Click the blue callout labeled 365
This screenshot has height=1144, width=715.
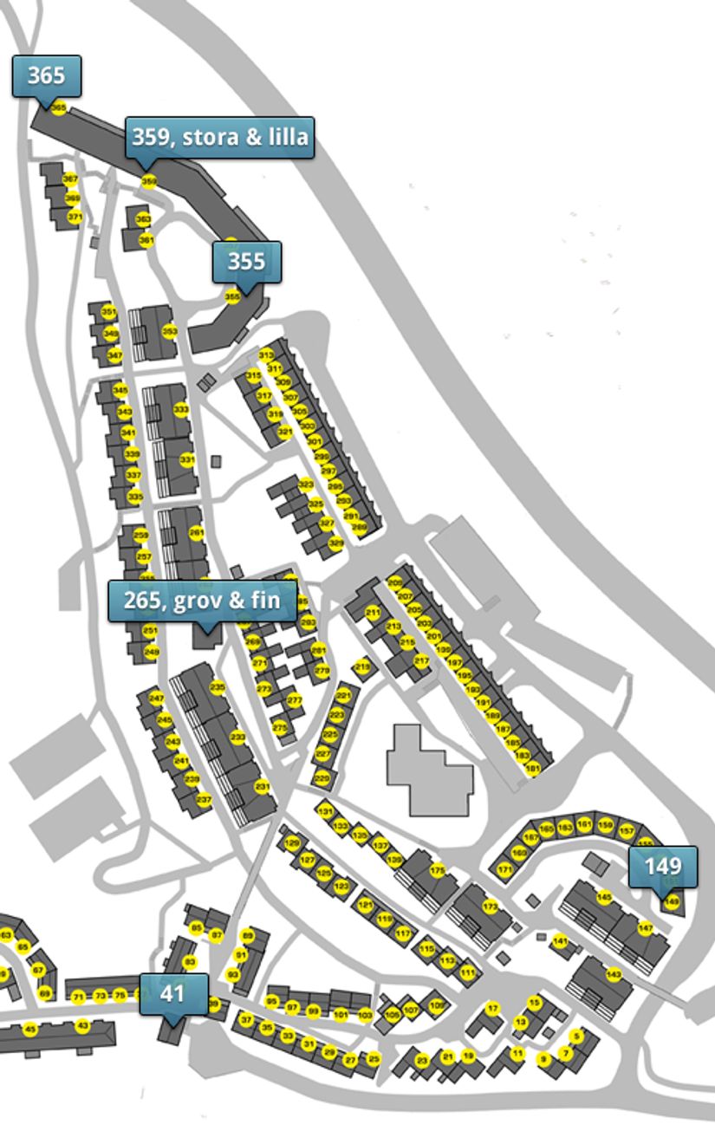(47, 75)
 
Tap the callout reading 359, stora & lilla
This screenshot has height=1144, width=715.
(219, 137)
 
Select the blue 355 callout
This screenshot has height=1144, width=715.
(247, 260)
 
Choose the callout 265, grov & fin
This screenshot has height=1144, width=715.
(202, 601)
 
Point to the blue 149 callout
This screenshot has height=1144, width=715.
(663, 866)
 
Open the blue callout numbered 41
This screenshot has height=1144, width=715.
(173, 993)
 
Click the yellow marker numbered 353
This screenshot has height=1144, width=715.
(170, 331)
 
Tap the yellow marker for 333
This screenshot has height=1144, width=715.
(181, 409)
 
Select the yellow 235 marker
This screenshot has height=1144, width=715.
(218, 688)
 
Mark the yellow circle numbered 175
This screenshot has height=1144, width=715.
(437, 870)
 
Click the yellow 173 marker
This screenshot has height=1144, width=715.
(491, 907)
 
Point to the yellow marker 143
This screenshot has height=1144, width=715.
(614, 974)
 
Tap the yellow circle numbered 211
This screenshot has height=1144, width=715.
(373, 613)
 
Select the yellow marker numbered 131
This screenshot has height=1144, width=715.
(325, 811)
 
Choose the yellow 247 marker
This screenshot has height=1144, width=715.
(156, 698)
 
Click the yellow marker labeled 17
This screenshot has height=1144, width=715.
(492, 1008)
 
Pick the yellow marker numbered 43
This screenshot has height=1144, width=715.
(82, 1026)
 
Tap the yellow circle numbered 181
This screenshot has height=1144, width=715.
(533, 768)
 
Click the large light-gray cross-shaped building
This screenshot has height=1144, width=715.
(429, 771)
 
